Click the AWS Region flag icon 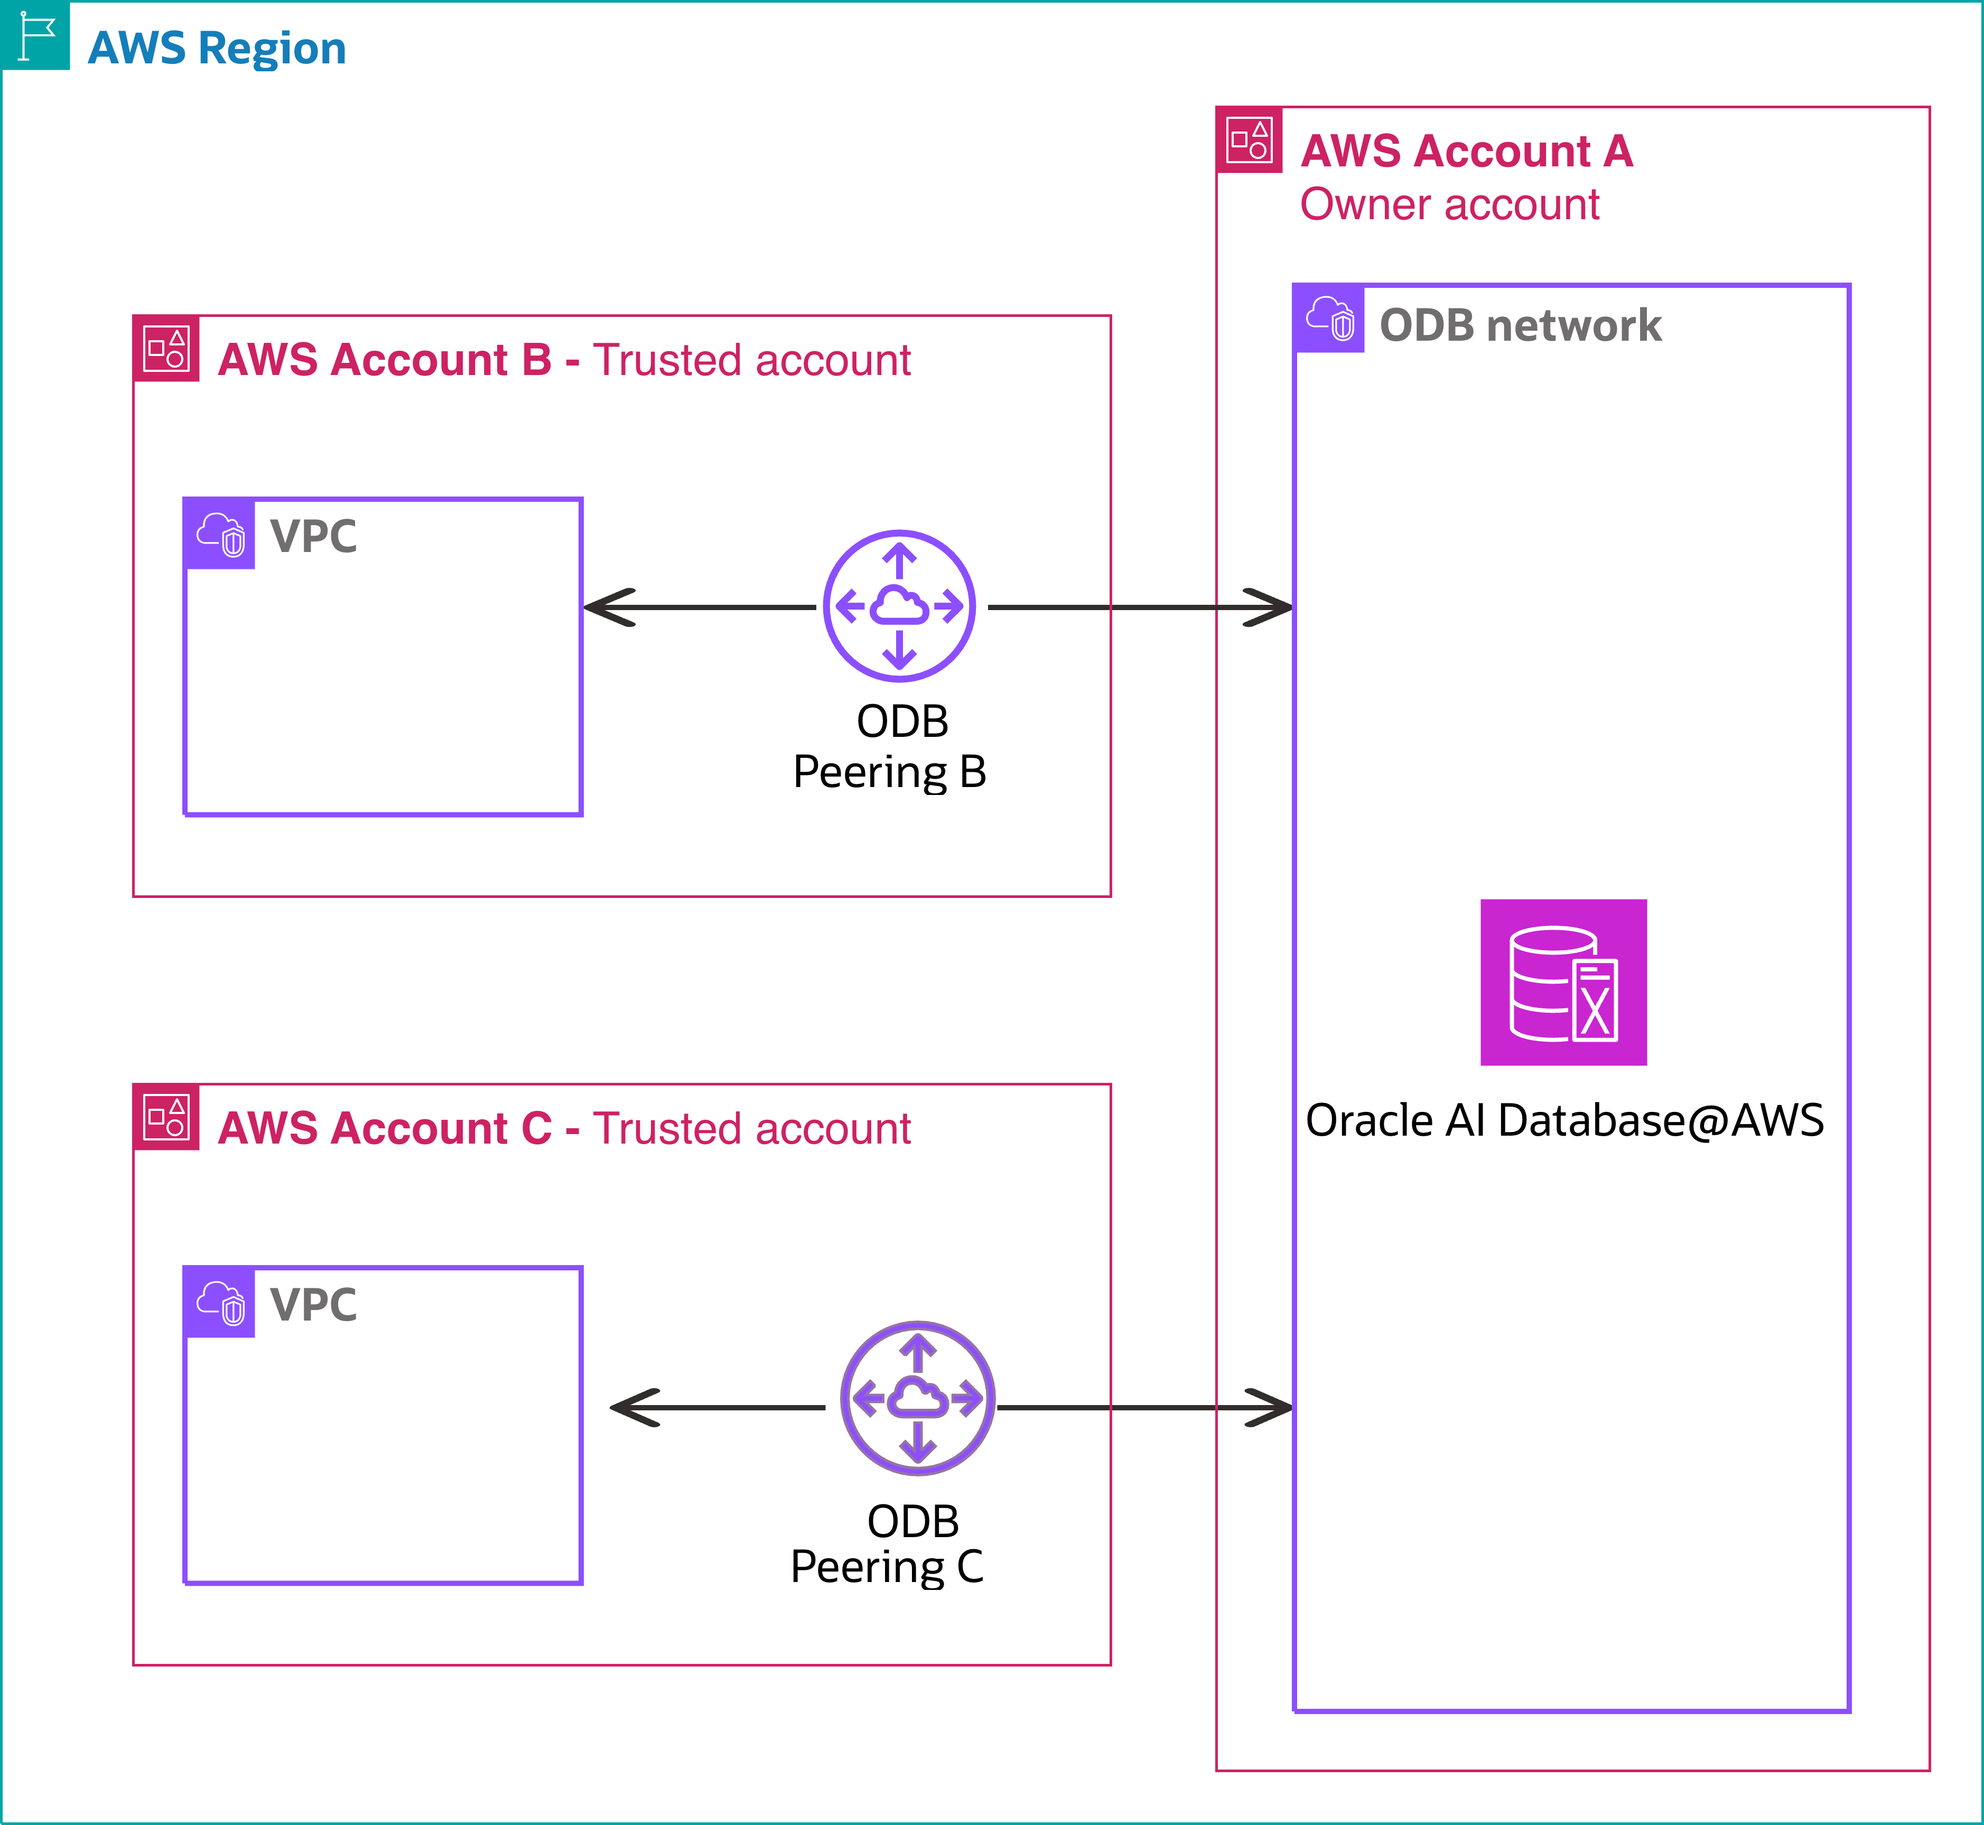35,35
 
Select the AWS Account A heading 1467,151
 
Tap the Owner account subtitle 1449,204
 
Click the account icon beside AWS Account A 1249,139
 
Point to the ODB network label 1520,326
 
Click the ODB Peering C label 888,1543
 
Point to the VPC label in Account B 313,536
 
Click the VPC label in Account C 313,1305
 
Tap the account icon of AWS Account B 166,349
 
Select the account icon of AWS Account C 166,1117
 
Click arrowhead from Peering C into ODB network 1271,1407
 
